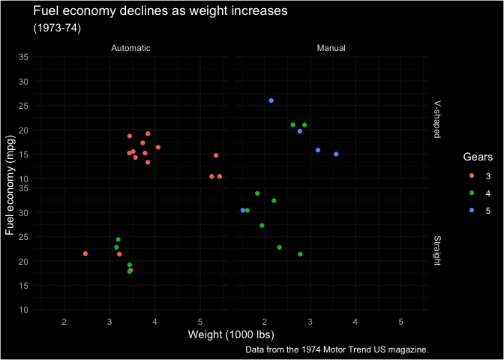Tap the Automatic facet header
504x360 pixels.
[x=130, y=48]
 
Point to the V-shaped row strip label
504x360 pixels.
[x=436, y=120]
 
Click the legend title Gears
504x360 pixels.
[x=477, y=157]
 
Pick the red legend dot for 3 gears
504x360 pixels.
[x=470, y=176]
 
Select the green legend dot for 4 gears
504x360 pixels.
[x=470, y=193]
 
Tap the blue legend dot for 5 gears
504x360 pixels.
[x=470, y=211]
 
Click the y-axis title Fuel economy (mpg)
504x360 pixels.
[x=10, y=183]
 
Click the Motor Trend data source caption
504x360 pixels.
[x=336, y=349]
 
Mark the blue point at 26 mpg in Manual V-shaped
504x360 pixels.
[x=271, y=100]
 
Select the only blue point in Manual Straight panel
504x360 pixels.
[x=243, y=211]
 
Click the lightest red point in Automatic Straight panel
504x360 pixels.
[x=85, y=253]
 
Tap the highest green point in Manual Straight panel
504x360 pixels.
[x=257, y=193]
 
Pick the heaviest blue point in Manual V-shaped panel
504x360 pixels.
[x=336, y=154]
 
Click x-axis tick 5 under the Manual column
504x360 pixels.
[x=400, y=321]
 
